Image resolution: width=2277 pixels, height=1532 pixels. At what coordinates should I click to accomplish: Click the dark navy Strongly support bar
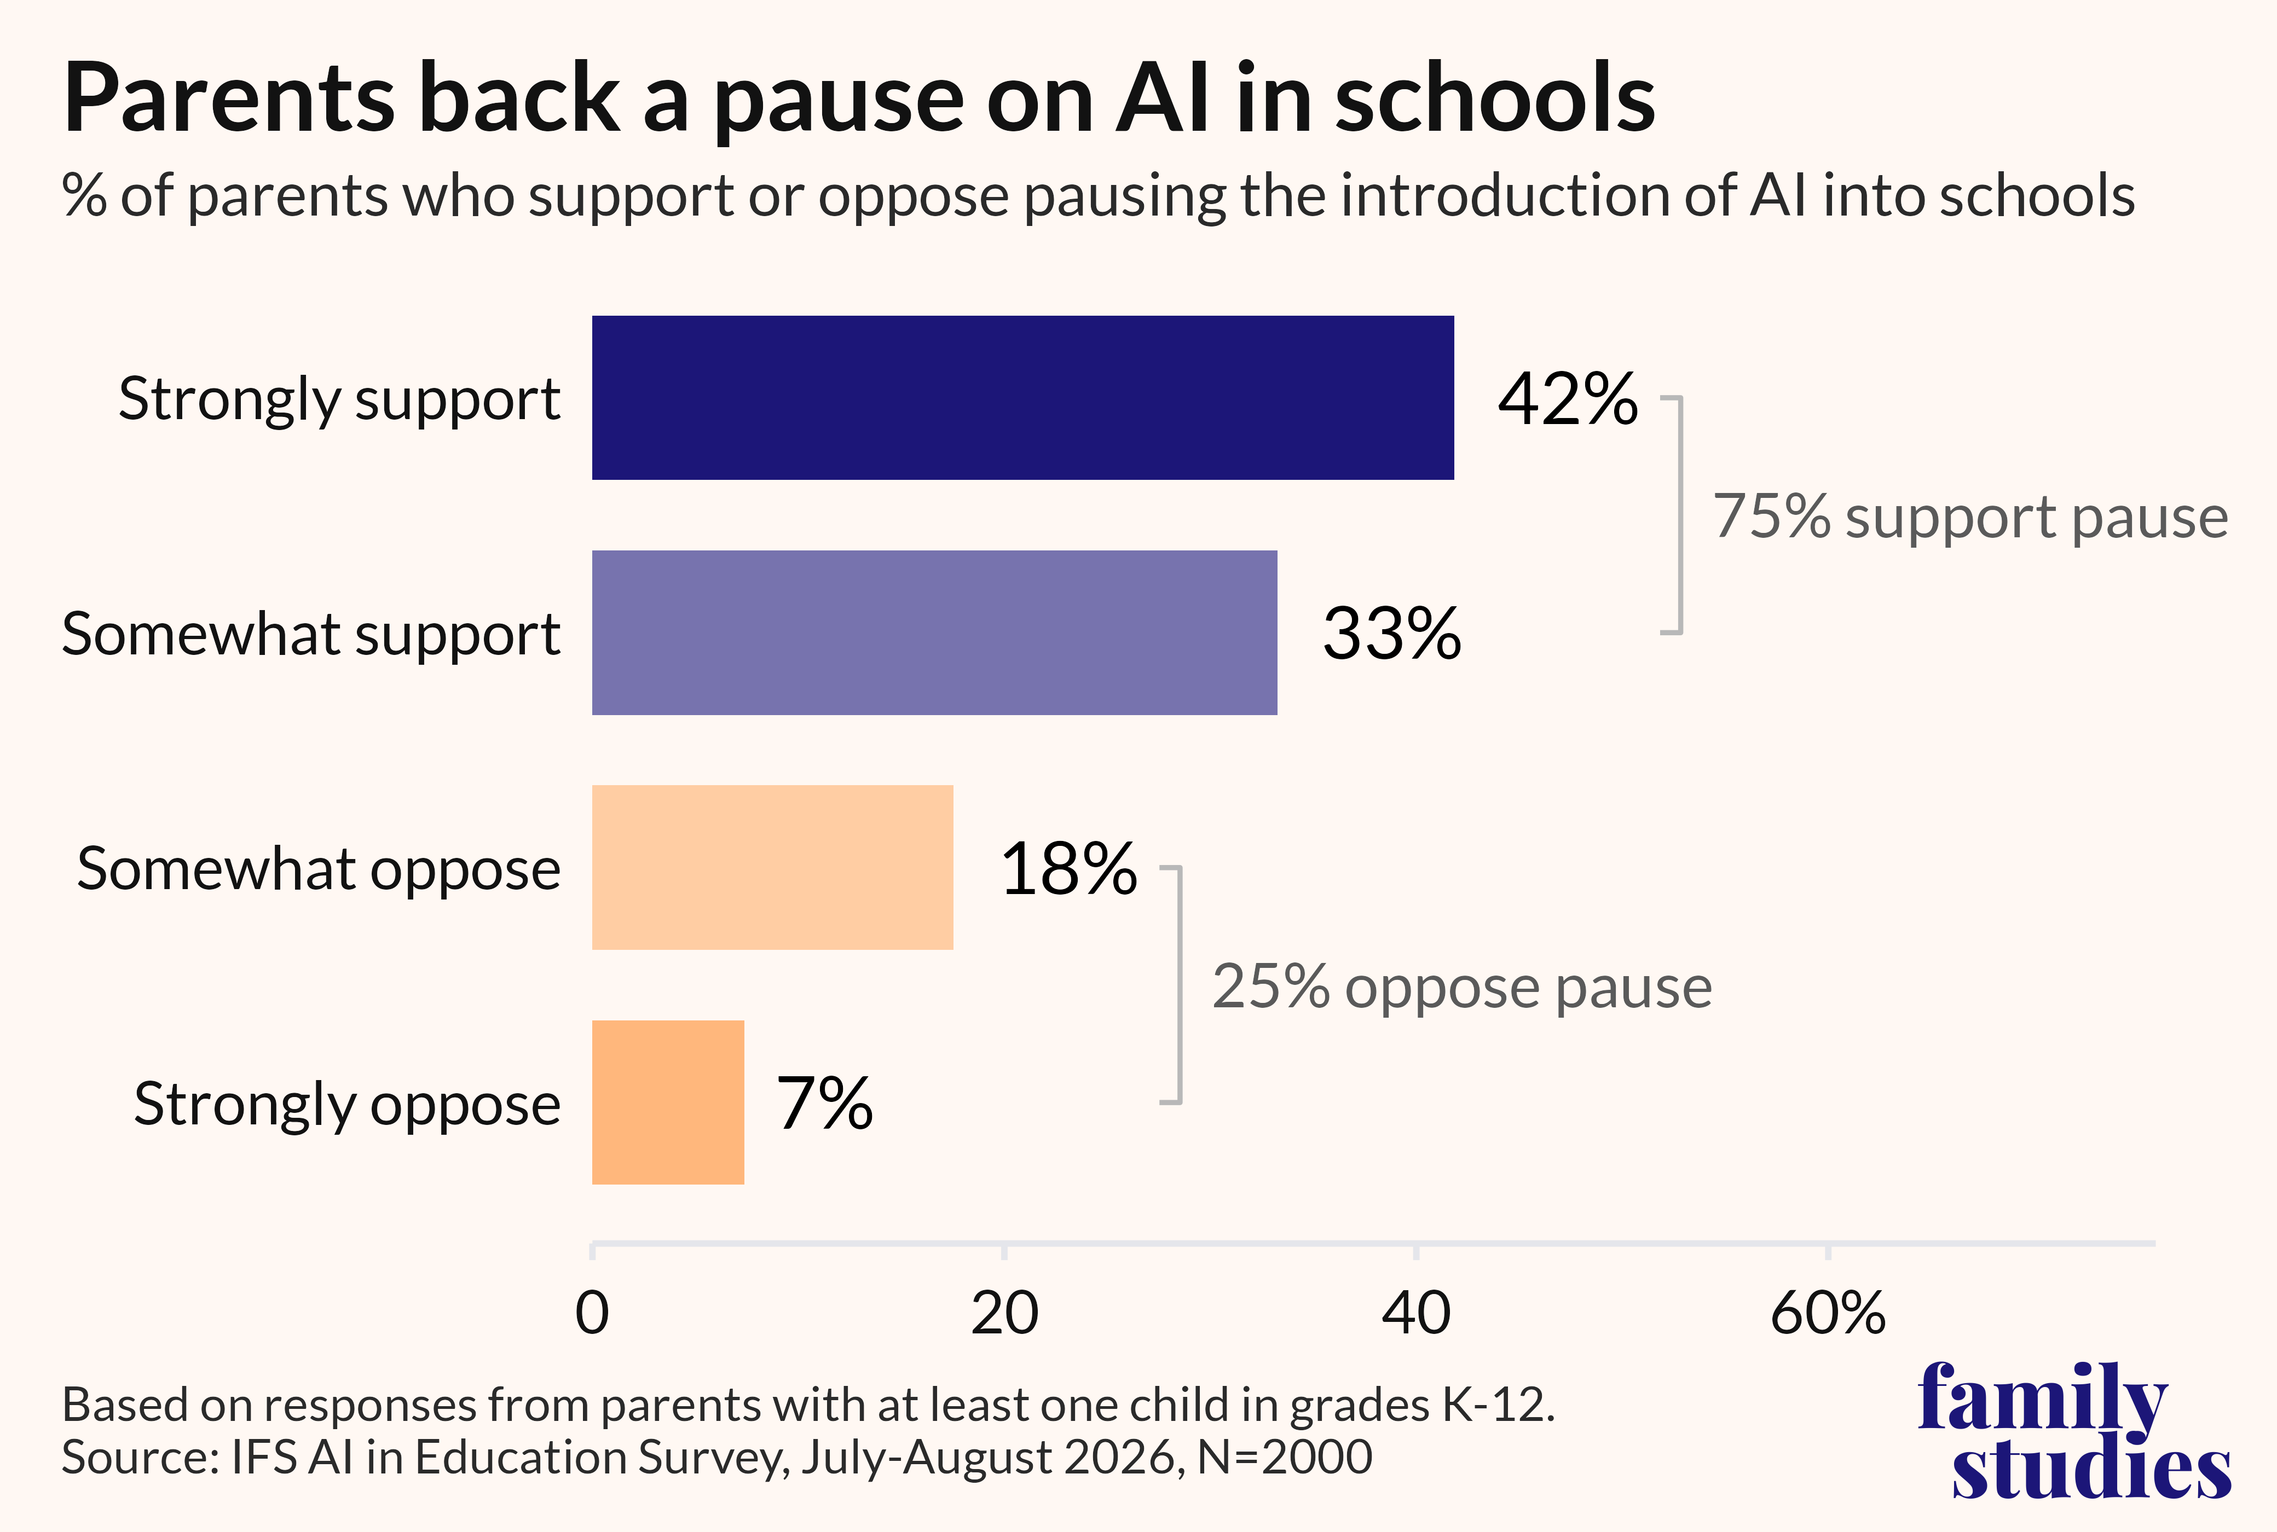[x=1022, y=398]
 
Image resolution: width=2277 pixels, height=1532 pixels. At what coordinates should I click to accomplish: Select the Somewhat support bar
[x=934, y=632]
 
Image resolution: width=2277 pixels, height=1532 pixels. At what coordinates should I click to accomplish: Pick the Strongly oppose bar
[x=667, y=1102]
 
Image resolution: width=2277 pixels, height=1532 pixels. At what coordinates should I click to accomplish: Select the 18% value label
[x=1068, y=869]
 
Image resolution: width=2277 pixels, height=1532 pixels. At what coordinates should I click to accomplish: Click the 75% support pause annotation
[x=1970, y=518]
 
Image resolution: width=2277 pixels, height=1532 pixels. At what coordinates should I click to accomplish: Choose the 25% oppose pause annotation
[x=1462, y=988]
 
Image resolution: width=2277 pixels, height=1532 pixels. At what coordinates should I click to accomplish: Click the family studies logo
[x=2074, y=1429]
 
